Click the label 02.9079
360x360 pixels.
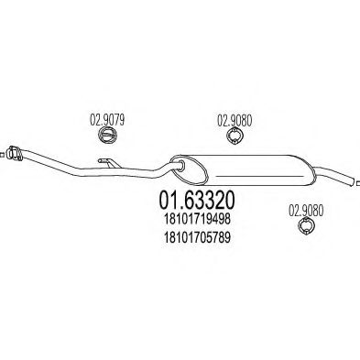106,117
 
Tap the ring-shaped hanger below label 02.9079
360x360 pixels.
107,136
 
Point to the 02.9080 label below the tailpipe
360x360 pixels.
308,211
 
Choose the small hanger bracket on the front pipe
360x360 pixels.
108,164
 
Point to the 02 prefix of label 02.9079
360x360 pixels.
93,117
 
